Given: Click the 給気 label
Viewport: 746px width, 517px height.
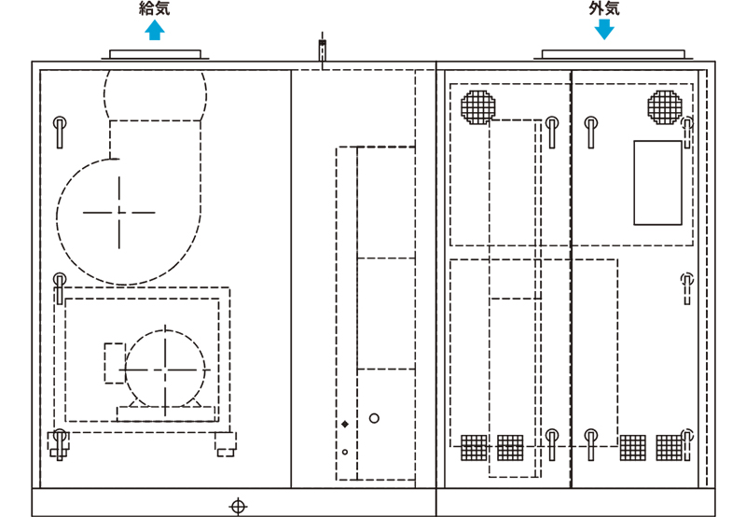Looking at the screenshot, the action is [x=154, y=8].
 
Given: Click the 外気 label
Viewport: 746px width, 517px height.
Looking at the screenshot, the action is [x=604, y=8].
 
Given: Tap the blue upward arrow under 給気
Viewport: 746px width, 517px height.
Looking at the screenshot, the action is [x=155, y=30].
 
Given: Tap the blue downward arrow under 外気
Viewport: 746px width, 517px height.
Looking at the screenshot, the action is [x=604, y=30].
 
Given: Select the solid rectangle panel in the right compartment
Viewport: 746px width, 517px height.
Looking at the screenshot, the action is [x=657, y=182].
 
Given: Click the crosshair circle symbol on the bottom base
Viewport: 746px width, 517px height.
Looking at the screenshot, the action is [x=238, y=507].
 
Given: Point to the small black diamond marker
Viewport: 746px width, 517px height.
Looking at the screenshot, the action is [x=345, y=425].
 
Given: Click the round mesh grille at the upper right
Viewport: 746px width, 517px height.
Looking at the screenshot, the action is [x=665, y=107].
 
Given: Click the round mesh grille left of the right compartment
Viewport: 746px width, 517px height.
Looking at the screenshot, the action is [x=478, y=107].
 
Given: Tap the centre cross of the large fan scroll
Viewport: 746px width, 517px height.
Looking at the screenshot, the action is [x=119, y=213].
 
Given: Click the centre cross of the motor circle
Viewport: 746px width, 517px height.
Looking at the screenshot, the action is [x=165, y=370].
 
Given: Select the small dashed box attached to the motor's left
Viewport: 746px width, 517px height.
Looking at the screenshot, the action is [x=115, y=363].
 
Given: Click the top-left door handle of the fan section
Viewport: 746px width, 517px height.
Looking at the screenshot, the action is [x=60, y=132].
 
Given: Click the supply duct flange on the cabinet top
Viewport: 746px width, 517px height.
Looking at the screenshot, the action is [x=155, y=55].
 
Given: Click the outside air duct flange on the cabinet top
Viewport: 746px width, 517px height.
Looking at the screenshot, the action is [x=614, y=55].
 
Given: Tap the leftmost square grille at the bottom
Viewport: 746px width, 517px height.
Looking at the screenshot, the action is [x=474, y=448].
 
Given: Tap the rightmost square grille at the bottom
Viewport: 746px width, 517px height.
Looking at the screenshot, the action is [x=669, y=448].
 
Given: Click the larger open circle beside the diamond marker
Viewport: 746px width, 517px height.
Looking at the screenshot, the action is [x=375, y=418].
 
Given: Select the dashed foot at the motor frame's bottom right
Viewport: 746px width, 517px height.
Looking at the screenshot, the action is [x=225, y=444].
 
